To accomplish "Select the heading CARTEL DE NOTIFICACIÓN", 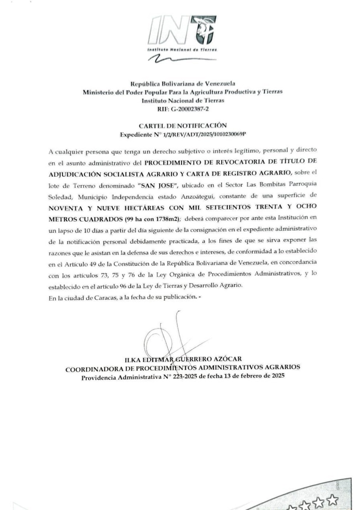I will click(x=183, y=126).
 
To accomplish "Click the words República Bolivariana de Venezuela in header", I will click(x=183, y=83).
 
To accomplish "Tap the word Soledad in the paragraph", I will click(x=60, y=197).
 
